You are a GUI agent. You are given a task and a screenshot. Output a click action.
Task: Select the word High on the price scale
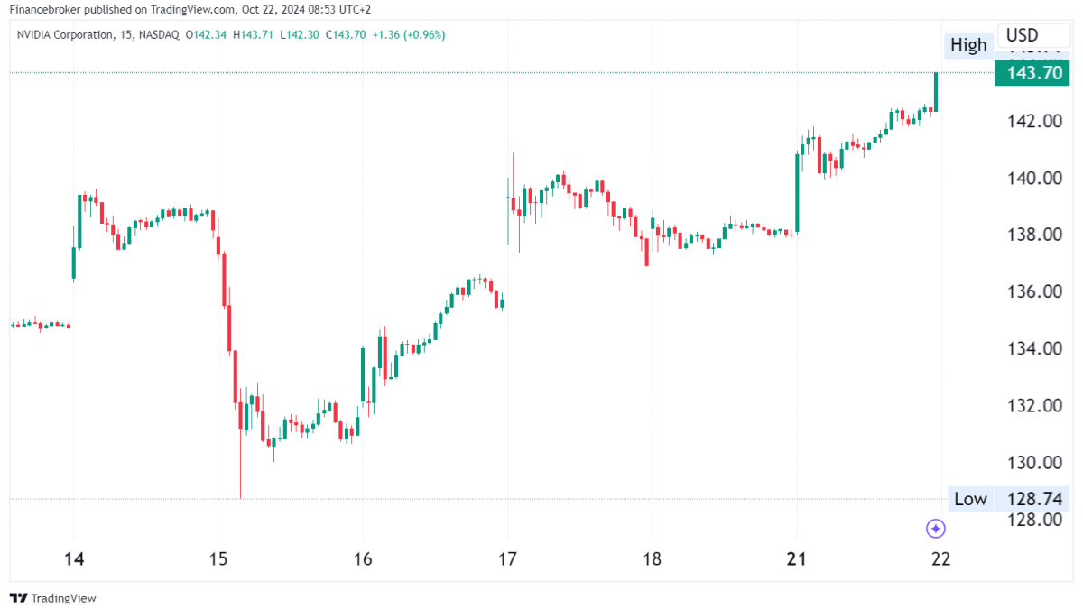pos(968,45)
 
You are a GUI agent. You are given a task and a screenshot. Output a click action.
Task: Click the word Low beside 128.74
pos(970,499)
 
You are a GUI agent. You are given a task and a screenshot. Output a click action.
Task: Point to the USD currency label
pos(1023,35)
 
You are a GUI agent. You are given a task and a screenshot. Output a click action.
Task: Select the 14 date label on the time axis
pos(74,559)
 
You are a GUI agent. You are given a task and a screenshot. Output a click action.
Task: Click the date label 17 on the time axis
pos(507,559)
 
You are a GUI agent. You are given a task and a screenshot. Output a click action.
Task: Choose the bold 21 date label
pos(796,559)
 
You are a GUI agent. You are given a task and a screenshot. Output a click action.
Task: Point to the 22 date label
pos(940,559)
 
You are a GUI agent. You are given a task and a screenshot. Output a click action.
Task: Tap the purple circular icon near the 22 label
pos(936,529)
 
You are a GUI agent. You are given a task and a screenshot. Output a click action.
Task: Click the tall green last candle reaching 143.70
pos(936,92)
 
